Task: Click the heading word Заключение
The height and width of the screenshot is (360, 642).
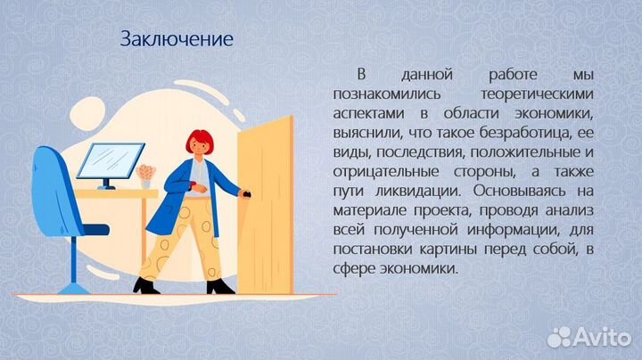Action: [177, 39]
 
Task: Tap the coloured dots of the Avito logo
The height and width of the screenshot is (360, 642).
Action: [559, 336]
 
